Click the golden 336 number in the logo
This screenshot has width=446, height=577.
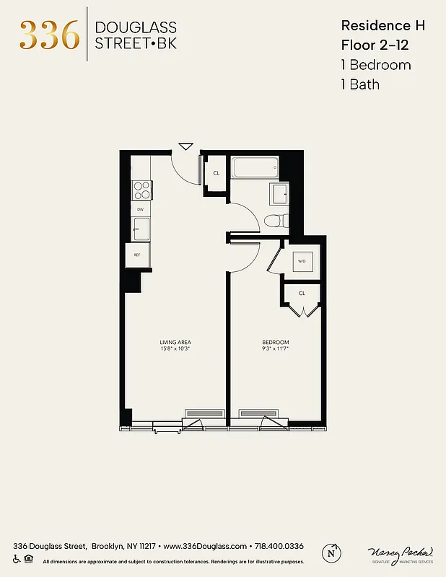point(49,35)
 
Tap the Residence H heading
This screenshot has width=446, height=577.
point(382,25)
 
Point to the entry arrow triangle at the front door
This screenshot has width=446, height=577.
point(185,146)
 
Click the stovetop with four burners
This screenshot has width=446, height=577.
point(141,190)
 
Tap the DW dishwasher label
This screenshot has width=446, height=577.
point(141,210)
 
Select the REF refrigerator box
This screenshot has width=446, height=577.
point(137,255)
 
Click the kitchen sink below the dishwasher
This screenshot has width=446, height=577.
point(141,229)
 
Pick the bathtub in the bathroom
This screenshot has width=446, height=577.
point(255,169)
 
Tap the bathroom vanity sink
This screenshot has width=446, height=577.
point(279,194)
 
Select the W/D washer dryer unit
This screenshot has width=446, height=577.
point(302,261)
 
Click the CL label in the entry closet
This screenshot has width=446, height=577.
point(216,173)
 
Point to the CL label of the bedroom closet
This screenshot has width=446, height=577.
point(302,294)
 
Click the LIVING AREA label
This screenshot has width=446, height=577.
point(175,342)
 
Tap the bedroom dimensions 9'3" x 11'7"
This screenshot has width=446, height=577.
point(275,348)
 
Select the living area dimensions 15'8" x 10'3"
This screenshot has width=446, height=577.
point(175,348)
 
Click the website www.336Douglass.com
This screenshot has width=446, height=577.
point(206,546)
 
